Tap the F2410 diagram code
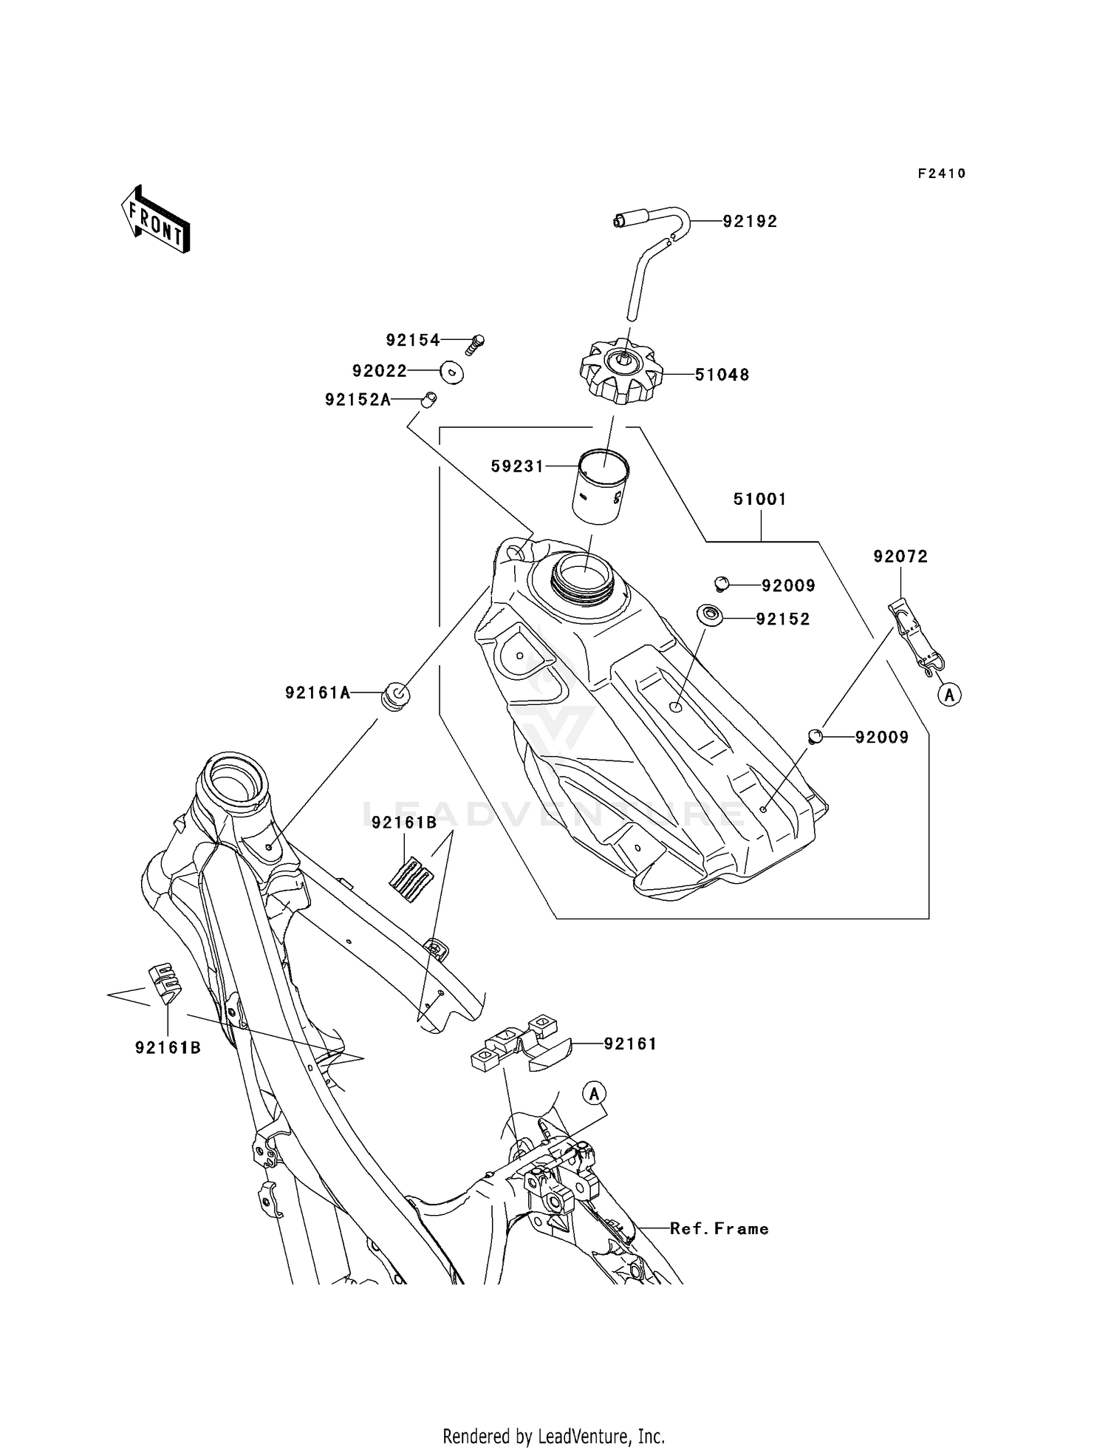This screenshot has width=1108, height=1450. point(942,174)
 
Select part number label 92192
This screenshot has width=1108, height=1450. point(750,222)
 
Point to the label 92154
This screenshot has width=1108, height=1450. point(412,340)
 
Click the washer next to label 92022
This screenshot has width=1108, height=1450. point(451,372)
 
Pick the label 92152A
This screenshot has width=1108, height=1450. point(358,400)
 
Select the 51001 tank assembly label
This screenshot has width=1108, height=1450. point(760,500)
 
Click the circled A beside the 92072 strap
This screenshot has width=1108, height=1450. point(950,695)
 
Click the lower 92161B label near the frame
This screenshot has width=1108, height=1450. point(168,1048)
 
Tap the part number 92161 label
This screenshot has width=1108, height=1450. point(630,1044)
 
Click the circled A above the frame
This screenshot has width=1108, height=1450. point(595,1093)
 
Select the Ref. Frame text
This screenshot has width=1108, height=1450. point(719,1229)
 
